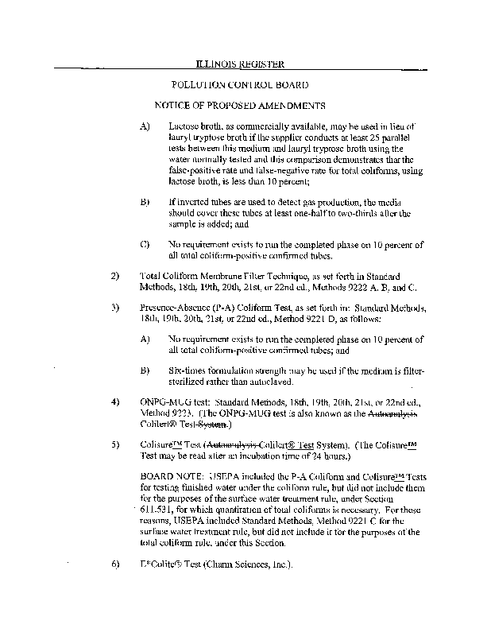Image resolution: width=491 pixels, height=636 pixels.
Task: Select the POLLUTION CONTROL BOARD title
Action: point(240,84)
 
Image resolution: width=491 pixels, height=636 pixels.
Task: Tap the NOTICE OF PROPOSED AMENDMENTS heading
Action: point(240,105)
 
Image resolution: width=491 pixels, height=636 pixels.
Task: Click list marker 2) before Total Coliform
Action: point(114,275)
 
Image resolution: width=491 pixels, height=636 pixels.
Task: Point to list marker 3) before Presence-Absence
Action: point(114,307)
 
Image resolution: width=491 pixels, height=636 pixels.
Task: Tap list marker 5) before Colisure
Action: point(114,444)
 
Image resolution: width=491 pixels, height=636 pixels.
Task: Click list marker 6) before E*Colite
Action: point(114,564)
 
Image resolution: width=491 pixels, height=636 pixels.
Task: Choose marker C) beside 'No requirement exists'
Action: point(145,243)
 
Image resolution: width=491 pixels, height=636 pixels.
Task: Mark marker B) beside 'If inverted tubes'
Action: point(145,202)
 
